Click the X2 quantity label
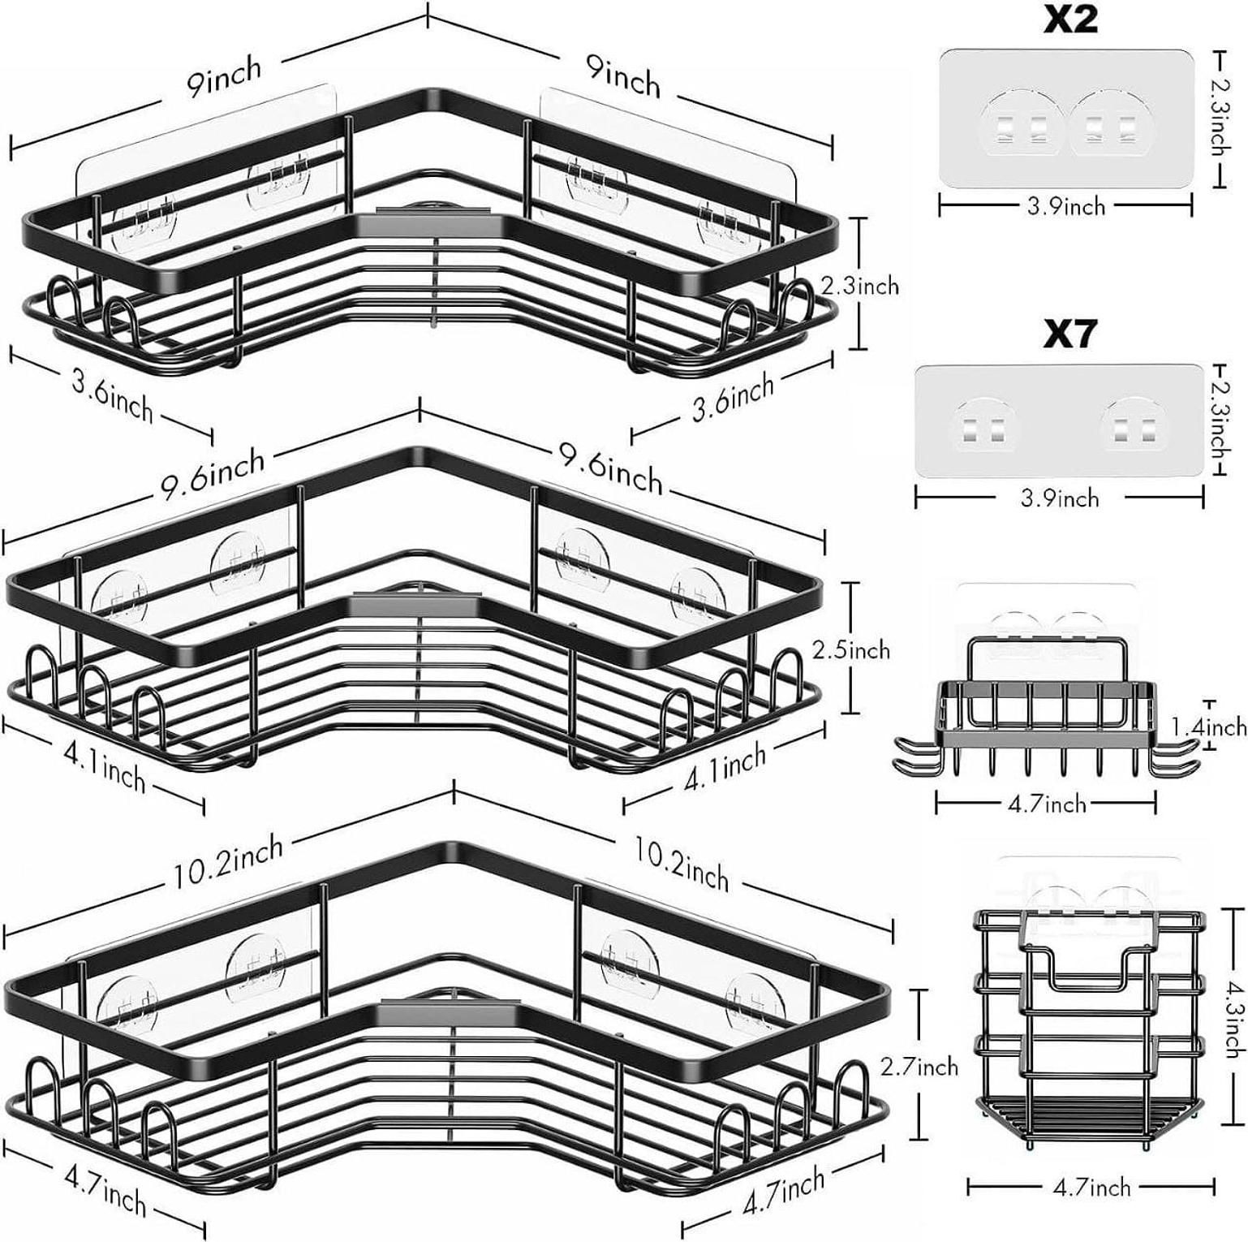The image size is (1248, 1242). point(1070,19)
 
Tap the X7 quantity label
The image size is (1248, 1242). point(1070,334)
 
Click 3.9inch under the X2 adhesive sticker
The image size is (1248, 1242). point(1066,206)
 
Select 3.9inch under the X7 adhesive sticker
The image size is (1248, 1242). point(1060,497)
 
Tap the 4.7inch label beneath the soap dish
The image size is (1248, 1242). point(1047,804)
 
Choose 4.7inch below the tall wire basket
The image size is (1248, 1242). point(1091,1187)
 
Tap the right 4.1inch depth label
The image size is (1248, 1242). point(725,768)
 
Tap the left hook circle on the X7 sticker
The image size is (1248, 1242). point(983,425)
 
